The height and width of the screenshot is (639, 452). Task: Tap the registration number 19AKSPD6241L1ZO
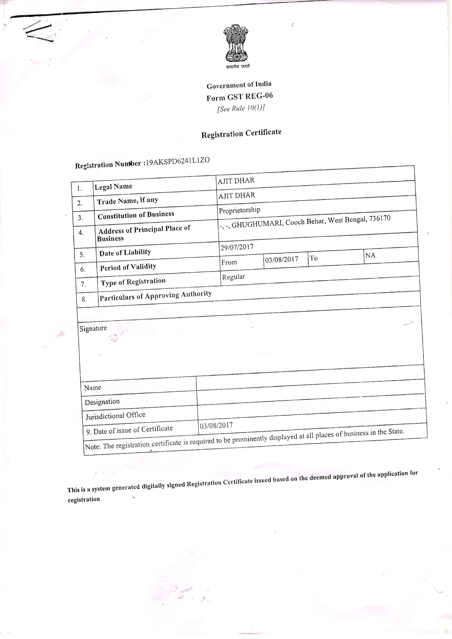pyautogui.click(x=178, y=161)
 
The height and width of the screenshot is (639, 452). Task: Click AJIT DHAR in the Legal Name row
pyautogui.click(x=236, y=181)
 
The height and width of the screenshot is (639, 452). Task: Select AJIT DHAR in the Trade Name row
pyautogui.click(x=237, y=195)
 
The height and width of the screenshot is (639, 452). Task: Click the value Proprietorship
pyautogui.click(x=239, y=210)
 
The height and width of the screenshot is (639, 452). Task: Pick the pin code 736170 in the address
pyautogui.click(x=380, y=218)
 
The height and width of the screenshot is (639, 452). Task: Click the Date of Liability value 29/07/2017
pyautogui.click(x=237, y=247)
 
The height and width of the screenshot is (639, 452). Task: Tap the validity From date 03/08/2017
pyautogui.click(x=281, y=259)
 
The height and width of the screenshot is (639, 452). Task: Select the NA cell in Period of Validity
pyautogui.click(x=370, y=255)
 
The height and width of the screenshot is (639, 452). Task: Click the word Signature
pyautogui.click(x=93, y=328)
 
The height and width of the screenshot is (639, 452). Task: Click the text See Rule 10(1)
pyautogui.click(x=241, y=108)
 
